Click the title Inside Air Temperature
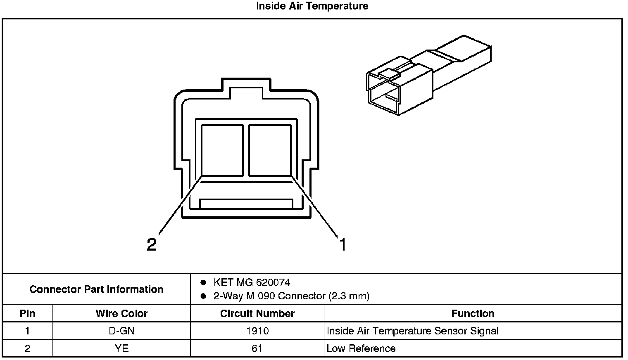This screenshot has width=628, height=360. (312, 6)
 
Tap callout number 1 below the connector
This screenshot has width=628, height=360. (342, 244)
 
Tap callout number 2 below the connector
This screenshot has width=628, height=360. (152, 245)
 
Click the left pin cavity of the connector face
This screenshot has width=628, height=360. (222, 150)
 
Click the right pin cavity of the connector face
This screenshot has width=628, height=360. (270, 150)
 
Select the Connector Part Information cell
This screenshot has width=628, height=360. (97, 289)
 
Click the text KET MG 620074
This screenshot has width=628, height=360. (252, 282)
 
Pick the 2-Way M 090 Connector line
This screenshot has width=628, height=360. (291, 296)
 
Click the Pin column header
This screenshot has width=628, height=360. (28, 313)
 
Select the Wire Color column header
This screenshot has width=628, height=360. (121, 313)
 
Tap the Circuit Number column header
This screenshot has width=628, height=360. (257, 313)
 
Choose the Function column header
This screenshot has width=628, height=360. (473, 313)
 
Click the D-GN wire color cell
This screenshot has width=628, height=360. (121, 331)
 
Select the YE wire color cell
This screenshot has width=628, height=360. (121, 348)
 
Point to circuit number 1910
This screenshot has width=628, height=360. (257, 331)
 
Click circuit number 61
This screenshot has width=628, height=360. (257, 348)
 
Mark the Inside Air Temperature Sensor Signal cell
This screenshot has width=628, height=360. (412, 331)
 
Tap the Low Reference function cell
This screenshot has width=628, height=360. (361, 348)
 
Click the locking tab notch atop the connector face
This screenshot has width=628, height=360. (246, 92)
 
